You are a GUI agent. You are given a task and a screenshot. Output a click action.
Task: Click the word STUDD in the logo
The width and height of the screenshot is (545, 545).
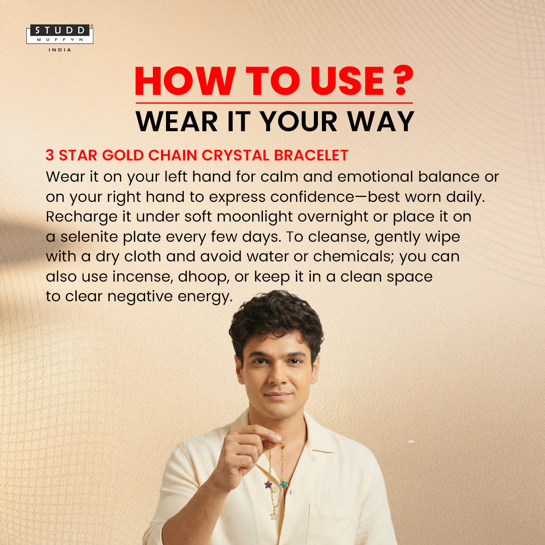(x=60, y=30)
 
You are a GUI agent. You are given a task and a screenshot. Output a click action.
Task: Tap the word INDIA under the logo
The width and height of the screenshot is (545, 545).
(x=60, y=50)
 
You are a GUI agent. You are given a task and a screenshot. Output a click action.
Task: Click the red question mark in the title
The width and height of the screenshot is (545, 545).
(x=404, y=80)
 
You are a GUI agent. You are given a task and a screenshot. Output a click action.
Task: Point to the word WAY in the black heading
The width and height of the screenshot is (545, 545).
(x=381, y=121)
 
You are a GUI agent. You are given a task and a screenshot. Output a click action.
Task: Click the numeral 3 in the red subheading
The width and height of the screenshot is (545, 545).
(x=49, y=155)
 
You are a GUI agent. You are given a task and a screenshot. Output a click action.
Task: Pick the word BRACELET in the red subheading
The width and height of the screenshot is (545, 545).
(x=311, y=155)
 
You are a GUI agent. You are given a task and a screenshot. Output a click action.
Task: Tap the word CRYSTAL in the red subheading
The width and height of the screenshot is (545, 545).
(x=236, y=155)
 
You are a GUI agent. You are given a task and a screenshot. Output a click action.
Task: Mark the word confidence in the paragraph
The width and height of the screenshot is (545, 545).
(x=312, y=197)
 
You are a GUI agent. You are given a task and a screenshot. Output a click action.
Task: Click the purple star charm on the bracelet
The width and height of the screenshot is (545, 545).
(x=268, y=484)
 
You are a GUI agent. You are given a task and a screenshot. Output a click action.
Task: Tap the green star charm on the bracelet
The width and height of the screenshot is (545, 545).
(x=284, y=484)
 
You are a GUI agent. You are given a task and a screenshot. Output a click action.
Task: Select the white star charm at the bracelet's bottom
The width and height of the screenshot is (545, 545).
(x=274, y=515)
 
